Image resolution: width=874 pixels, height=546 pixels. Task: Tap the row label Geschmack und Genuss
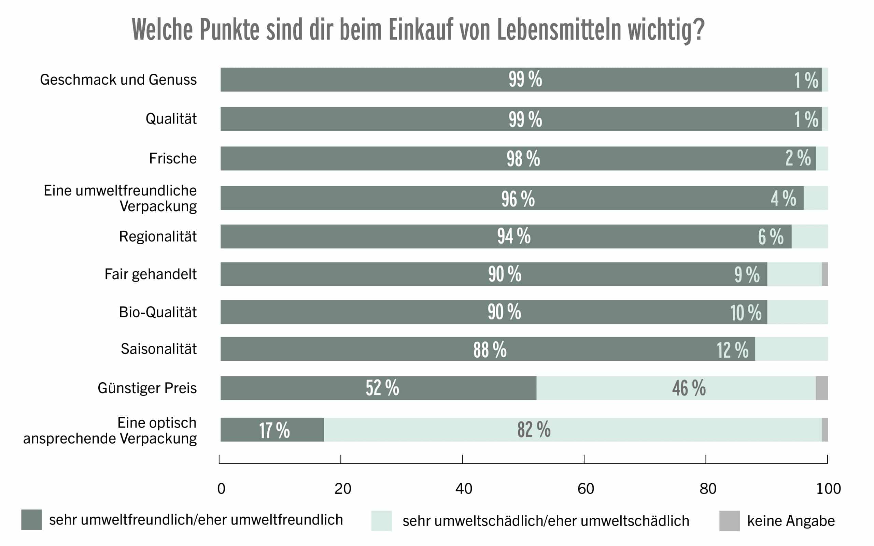pyautogui.click(x=118, y=80)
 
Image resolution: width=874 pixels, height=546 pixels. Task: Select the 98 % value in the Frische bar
pyautogui.click(x=523, y=159)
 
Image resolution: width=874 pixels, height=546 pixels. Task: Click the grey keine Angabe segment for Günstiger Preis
pyautogui.click(x=822, y=388)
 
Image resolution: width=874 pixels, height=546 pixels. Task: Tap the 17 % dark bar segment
pyautogui.click(x=272, y=430)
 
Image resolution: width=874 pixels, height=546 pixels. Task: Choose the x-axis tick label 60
pyautogui.click(x=586, y=489)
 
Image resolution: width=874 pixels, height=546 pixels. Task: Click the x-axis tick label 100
pyautogui.click(x=829, y=489)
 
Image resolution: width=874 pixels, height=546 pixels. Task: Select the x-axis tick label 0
pyautogui.click(x=221, y=489)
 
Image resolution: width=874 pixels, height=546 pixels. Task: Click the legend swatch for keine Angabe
pyautogui.click(x=729, y=521)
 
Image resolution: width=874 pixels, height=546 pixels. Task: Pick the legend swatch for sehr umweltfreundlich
pyautogui.click(x=31, y=520)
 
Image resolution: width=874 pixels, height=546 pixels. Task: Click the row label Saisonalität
pyautogui.click(x=158, y=349)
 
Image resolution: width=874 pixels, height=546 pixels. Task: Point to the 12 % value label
pyautogui.click(x=732, y=350)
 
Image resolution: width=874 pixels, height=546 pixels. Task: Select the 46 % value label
pyautogui.click(x=689, y=388)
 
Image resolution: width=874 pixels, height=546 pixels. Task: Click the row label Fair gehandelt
pyautogui.click(x=151, y=274)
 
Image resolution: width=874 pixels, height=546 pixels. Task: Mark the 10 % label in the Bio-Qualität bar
pyautogui.click(x=746, y=312)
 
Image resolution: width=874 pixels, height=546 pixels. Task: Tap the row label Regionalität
pyautogui.click(x=158, y=237)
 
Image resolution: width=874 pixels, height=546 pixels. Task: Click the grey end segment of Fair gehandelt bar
pyautogui.click(x=825, y=274)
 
